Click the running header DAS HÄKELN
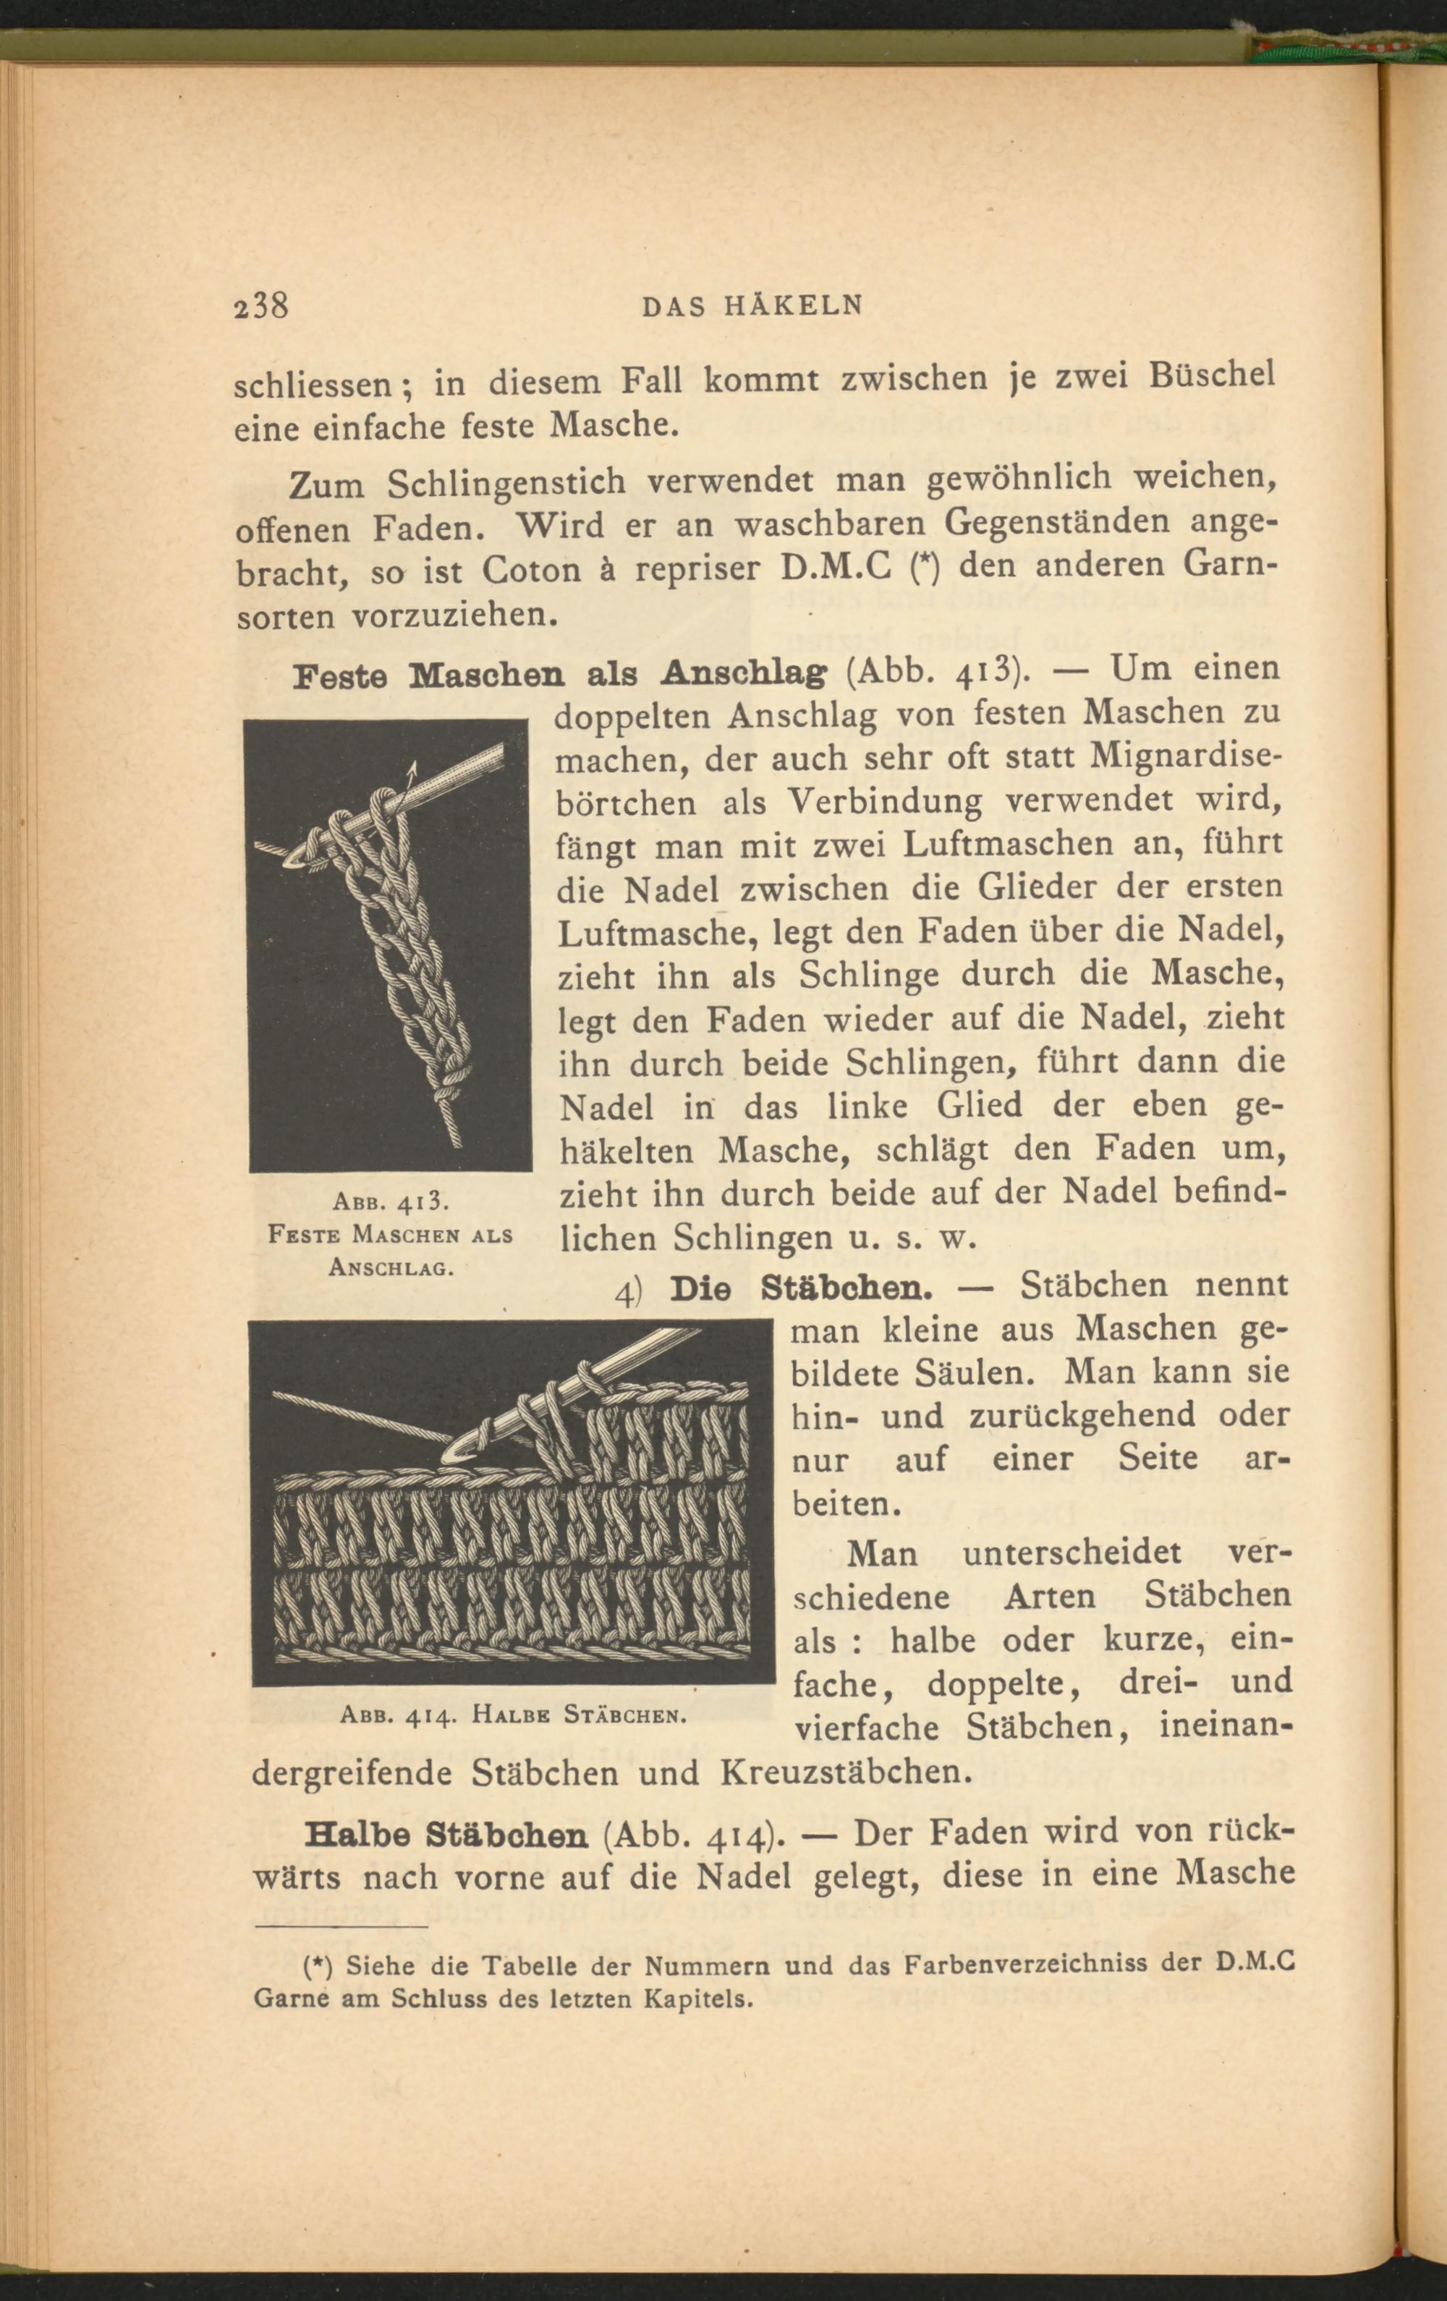point(753,307)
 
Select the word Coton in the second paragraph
point(531,571)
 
